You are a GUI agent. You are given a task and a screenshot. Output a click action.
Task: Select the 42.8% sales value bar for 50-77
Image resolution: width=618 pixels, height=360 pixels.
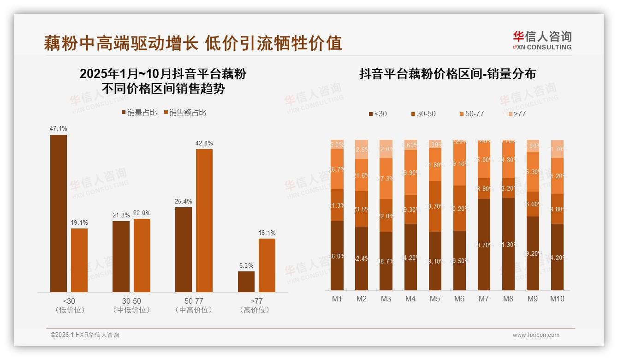(204, 220)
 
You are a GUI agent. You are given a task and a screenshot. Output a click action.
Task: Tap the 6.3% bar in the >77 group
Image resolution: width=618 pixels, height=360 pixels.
(246, 282)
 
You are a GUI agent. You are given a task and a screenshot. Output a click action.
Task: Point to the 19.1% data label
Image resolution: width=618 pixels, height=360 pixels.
(79, 223)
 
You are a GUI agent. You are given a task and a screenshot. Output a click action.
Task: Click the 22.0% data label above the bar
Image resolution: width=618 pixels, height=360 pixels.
(142, 213)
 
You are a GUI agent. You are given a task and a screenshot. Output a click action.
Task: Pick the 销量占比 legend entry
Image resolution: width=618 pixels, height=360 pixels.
(139, 113)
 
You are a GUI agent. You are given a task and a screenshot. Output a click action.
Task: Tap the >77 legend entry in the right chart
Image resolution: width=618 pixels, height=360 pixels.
(517, 114)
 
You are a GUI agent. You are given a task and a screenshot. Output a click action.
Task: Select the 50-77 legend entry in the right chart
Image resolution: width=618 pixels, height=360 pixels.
(472, 114)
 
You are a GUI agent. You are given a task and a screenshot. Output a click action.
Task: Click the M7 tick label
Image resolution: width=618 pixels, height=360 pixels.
(483, 299)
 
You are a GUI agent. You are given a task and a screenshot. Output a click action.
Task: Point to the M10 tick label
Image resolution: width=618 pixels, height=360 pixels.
(557, 299)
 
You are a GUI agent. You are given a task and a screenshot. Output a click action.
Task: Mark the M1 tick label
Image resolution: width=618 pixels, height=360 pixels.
(337, 299)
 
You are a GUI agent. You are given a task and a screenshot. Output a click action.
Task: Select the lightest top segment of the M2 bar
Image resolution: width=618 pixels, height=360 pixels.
(362, 149)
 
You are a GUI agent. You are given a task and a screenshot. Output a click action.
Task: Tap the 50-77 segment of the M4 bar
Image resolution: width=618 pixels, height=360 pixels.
(410, 172)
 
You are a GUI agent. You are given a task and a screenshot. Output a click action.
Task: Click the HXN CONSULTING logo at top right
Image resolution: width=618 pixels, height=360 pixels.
(542, 41)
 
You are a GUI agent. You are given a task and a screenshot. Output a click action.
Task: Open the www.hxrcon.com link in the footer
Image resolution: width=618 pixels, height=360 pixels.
(536, 335)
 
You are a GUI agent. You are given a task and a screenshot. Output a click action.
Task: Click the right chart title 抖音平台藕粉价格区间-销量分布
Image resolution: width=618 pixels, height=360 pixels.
(447, 74)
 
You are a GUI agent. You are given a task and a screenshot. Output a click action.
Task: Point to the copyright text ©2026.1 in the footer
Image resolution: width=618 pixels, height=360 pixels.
(85, 335)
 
